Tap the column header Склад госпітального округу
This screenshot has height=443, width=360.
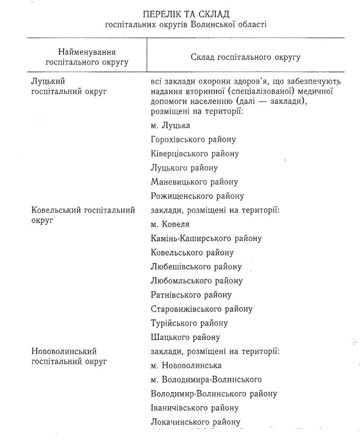[245, 57]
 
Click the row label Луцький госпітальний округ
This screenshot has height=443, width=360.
[69, 86]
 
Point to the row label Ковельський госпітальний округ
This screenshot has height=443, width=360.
[83, 215]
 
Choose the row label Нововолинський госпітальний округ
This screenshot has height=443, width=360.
[69, 356]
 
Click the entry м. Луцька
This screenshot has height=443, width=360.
[170, 125]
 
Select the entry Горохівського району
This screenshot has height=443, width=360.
[193, 139]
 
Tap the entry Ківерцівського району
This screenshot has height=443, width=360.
[195, 154]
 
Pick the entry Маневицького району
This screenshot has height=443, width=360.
[194, 182]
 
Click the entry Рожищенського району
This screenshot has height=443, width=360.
[197, 196]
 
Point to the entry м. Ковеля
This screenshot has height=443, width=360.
[170, 224]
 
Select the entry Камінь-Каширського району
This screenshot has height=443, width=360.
[206, 239]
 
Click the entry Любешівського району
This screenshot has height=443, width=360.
[196, 267]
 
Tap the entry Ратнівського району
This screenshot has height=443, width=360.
[191, 295]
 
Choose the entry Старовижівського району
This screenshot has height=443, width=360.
[201, 309]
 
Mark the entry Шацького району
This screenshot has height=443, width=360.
[185, 337]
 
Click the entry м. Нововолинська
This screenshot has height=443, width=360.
[186, 365]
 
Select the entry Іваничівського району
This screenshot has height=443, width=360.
[195, 408]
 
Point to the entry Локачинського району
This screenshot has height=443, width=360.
[195, 422]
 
